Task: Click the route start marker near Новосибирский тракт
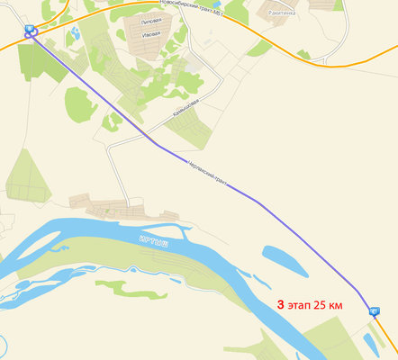[x=32, y=31]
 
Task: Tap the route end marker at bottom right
[x=375, y=310]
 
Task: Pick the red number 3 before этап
[x=281, y=306]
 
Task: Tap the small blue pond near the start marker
[x=74, y=33]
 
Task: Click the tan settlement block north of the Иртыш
[x=113, y=208]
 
